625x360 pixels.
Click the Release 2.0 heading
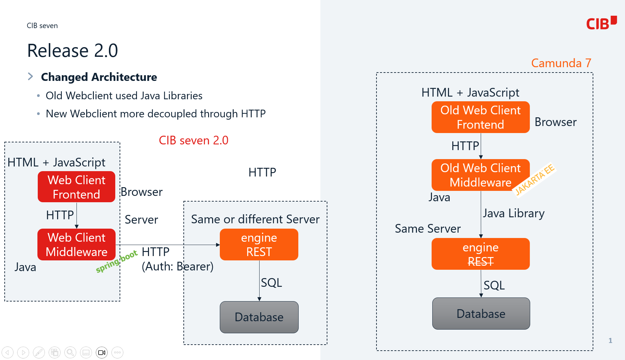(x=72, y=51)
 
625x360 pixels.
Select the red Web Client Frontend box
(x=76, y=187)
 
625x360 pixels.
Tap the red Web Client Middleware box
(x=76, y=244)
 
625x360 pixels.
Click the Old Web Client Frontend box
(x=480, y=117)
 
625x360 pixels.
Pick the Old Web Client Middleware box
(x=480, y=175)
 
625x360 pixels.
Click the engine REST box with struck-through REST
(x=480, y=254)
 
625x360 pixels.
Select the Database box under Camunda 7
(x=481, y=314)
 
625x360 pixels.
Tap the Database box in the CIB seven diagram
(x=259, y=317)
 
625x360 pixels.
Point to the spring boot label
(x=117, y=261)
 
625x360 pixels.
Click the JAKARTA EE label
(x=534, y=179)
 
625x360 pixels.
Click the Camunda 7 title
(x=561, y=63)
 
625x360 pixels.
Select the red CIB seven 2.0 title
(x=193, y=140)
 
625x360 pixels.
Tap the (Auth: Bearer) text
(x=177, y=266)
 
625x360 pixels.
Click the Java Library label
(x=514, y=213)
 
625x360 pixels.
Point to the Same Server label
(x=428, y=229)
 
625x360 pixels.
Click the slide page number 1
(x=610, y=340)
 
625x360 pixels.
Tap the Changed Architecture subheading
(x=99, y=77)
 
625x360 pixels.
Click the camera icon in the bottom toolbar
(x=102, y=352)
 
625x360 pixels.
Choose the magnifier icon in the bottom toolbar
(x=70, y=352)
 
